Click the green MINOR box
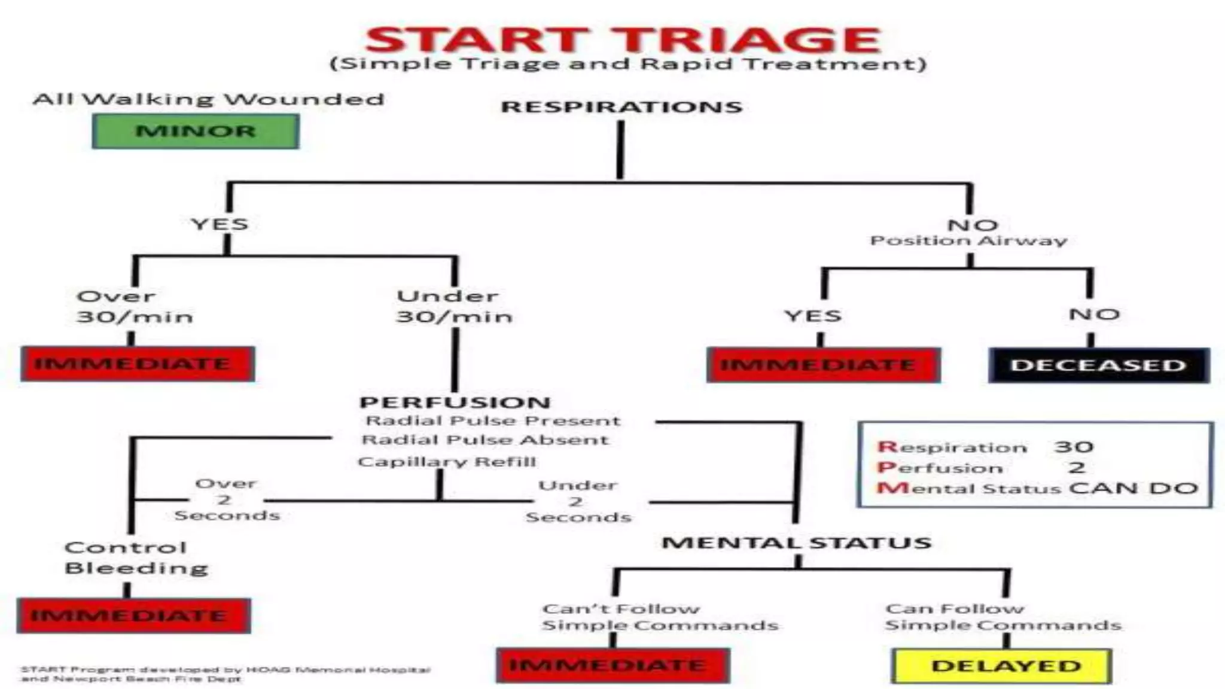click(196, 131)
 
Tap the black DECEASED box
click(1098, 365)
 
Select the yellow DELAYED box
click(1005, 666)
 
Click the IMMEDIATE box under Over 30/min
click(137, 364)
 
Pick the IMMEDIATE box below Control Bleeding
click(133, 615)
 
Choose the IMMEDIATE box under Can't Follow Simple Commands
click(612, 665)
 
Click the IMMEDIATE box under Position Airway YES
click(822, 365)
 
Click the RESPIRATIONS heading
click(621, 107)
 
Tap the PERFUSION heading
click(455, 403)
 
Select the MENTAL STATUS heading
click(796, 543)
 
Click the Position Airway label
click(968, 241)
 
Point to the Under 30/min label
click(454, 306)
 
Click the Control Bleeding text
click(136, 557)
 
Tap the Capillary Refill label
click(447, 462)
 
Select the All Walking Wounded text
click(208, 99)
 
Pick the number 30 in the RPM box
click(1074, 447)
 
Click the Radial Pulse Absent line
click(485, 440)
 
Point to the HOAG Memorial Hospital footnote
click(226, 674)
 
